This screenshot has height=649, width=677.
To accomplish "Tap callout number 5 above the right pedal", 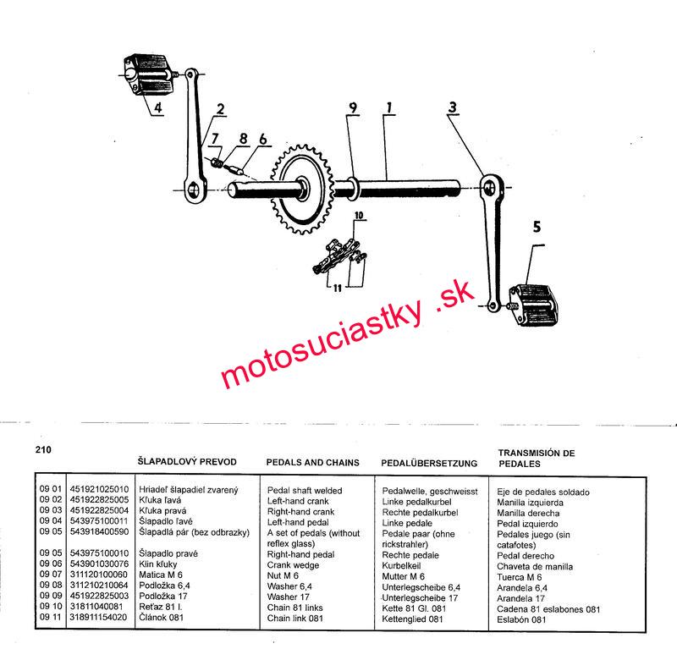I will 536,226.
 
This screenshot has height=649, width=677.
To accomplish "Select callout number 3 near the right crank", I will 454,107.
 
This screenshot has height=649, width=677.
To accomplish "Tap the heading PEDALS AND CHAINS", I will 312,463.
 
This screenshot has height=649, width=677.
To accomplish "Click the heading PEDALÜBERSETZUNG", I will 429,464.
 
